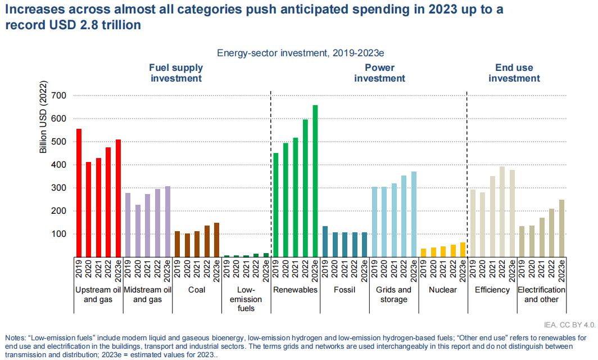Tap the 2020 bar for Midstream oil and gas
point(138,231)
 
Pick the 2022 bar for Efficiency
point(502,211)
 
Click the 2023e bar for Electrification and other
point(561,228)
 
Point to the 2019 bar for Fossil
point(325,241)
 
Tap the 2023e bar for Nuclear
point(462,250)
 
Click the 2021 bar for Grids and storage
point(393,220)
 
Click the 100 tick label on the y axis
point(58,234)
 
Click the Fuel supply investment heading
point(175,73)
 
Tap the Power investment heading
point(379,73)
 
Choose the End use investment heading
point(514,73)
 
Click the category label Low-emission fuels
point(246,299)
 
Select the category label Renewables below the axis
point(295,290)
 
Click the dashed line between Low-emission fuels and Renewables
point(271,169)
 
